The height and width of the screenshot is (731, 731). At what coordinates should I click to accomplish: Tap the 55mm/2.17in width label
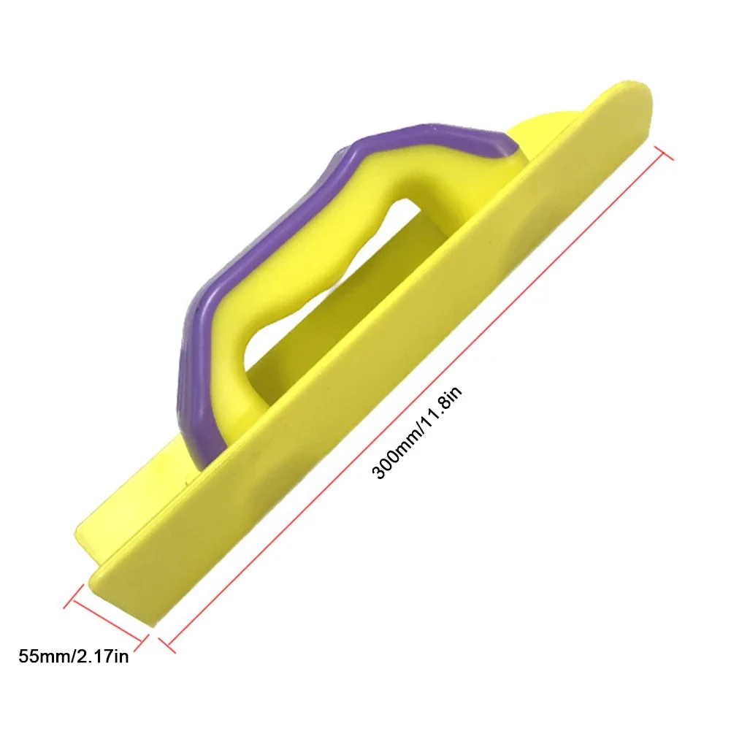pos(74,657)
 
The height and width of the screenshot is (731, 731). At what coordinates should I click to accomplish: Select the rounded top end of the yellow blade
pos(628,99)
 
